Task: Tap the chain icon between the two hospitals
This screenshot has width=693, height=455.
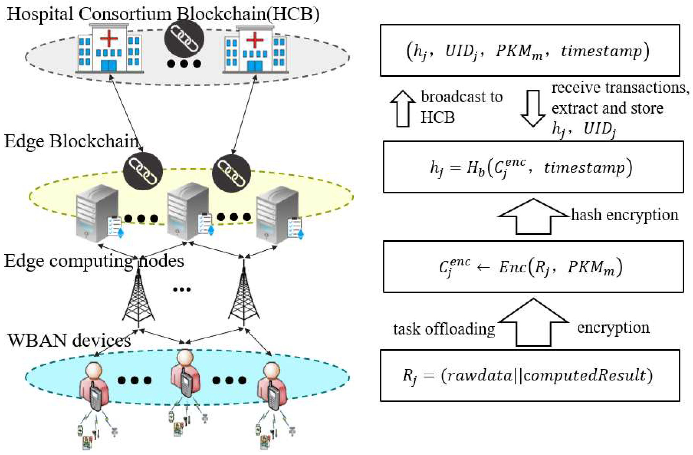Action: click(184, 38)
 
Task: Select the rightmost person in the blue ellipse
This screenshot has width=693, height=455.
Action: click(272, 385)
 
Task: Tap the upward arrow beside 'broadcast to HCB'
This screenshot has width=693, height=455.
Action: click(403, 108)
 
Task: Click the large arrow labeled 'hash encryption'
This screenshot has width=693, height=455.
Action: click(533, 217)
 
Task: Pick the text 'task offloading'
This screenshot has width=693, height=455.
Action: click(444, 329)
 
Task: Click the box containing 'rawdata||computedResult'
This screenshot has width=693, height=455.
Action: click(530, 376)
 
